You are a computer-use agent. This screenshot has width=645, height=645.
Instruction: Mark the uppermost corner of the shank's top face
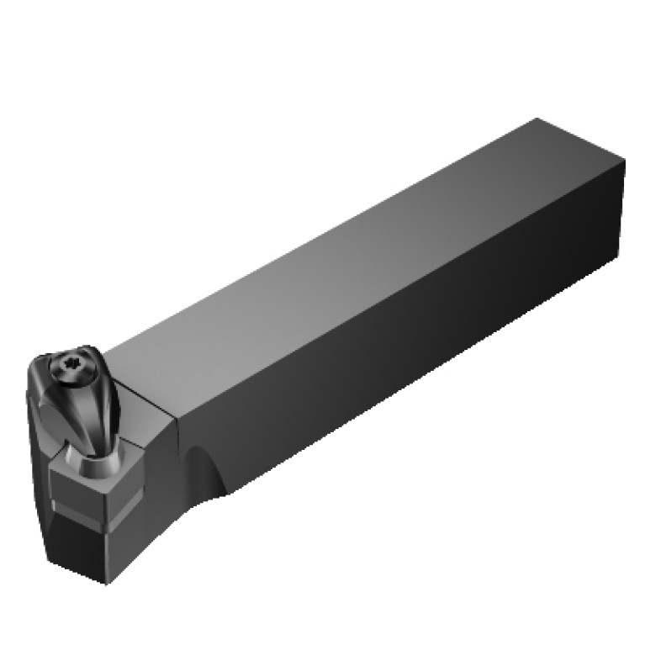pyautogui.click(x=535, y=119)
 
